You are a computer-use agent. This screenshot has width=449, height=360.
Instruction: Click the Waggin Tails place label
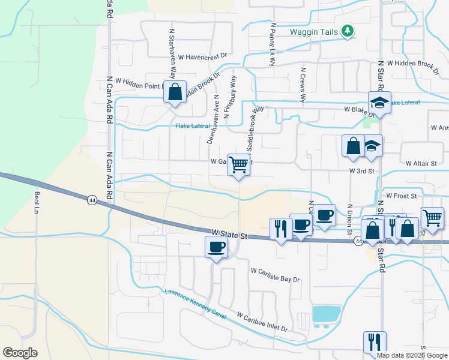306,32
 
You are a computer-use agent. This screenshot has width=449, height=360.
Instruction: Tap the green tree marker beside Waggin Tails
347,31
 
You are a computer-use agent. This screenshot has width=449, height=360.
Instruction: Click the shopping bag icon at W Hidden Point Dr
175,93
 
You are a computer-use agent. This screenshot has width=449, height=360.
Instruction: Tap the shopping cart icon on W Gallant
238,164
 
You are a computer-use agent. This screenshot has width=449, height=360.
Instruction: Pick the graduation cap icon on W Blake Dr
379,103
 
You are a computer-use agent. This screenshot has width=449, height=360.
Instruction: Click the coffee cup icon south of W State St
216,247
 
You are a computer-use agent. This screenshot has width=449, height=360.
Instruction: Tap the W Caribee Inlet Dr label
262,322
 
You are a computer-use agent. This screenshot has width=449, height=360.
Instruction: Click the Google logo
20,353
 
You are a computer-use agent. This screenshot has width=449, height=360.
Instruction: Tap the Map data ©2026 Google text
412,355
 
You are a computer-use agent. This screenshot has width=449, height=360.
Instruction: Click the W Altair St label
424,163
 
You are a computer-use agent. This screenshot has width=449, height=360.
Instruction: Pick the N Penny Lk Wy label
273,44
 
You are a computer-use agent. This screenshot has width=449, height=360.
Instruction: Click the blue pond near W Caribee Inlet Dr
326,314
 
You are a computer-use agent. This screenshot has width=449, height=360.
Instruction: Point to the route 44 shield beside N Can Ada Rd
91,199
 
